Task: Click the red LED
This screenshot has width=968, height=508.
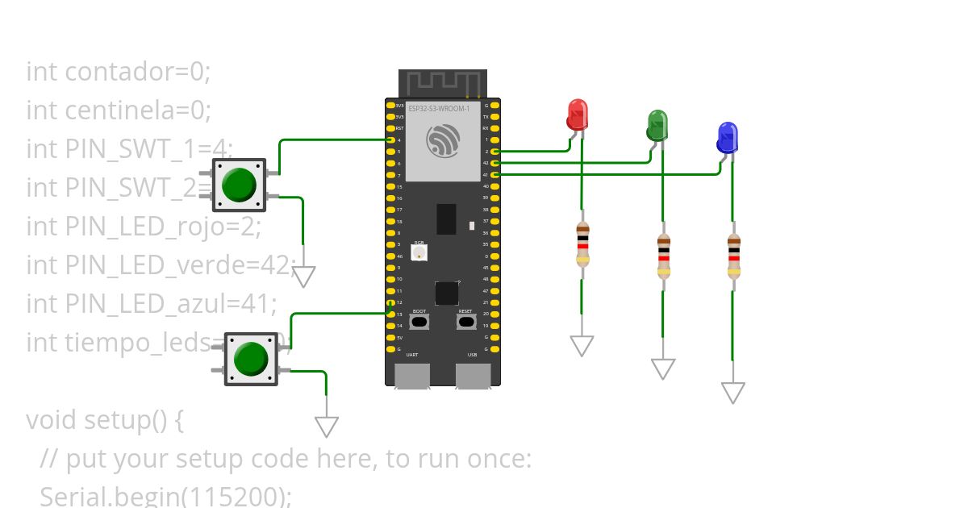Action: click(x=577, y=115)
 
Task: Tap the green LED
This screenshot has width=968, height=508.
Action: click(x=657, y=125)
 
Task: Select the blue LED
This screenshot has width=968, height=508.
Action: click(x=727, y=137)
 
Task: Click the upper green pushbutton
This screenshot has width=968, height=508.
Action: click(x=239, y=185)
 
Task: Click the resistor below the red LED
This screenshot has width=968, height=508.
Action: click(x=582, y=244)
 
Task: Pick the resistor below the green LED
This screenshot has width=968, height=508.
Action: click(x=663, y=256)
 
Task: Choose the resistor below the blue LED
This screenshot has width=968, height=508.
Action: click(x=733, y=255)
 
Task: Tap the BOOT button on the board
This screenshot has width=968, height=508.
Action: click(x=419, y=322)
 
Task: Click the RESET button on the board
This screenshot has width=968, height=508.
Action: click(x=465, y=322)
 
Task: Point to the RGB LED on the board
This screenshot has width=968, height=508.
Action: click(x=419, y=253)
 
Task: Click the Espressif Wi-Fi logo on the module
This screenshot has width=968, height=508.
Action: click(x=443, y=141)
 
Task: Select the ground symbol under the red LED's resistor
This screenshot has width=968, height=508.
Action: click(x=582, y=345)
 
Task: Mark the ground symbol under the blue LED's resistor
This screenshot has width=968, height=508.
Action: click(x=732, y=393)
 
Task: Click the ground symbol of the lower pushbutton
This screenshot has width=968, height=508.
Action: click(x=326, y=426)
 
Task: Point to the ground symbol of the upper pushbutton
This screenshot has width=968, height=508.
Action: click(x=302, y=277)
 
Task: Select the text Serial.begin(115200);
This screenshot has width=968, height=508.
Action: click(x=165, y=496)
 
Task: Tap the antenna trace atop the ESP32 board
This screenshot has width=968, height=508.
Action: click(x=443, y=82)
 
